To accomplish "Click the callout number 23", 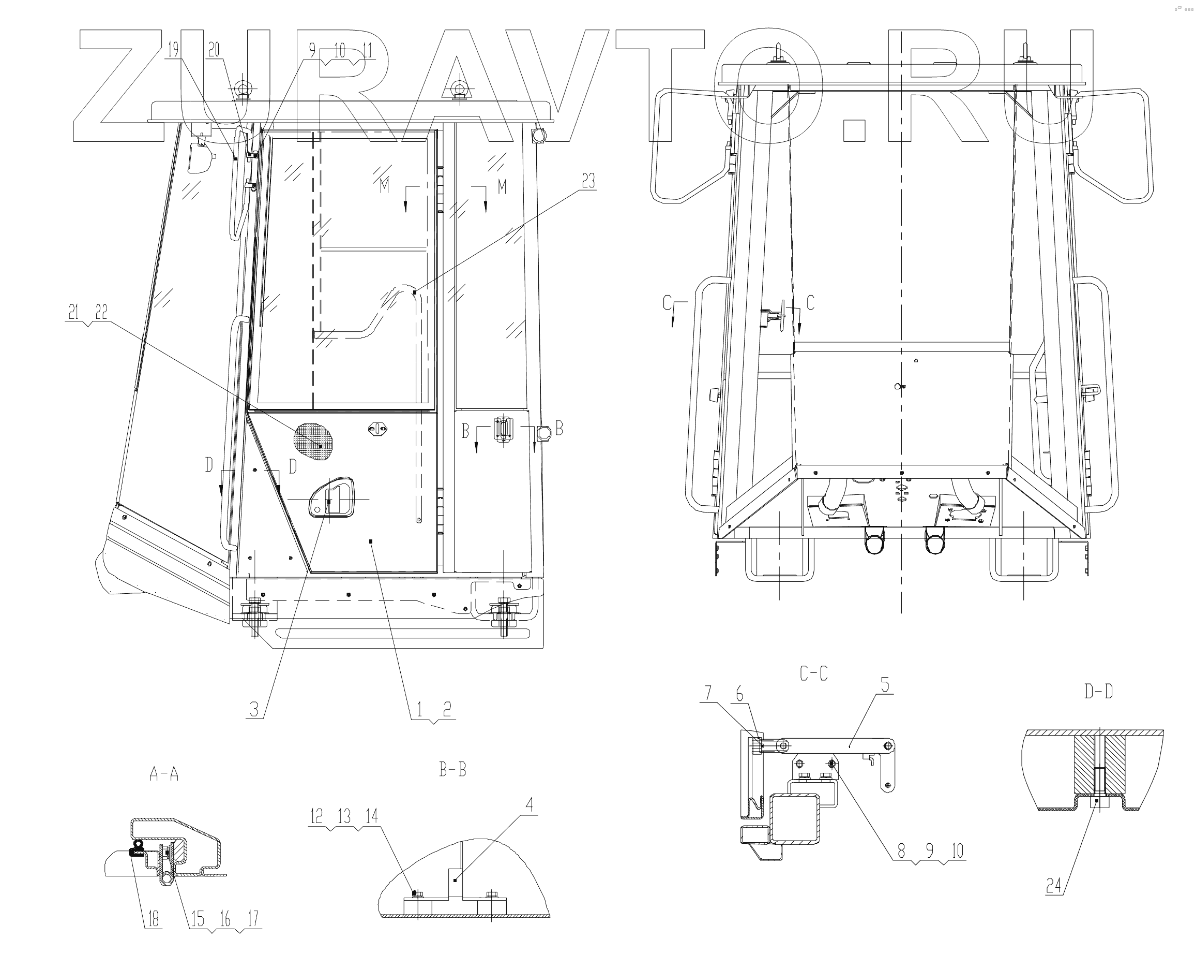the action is click(x=588, y=181).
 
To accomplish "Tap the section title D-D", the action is click(x=1098, y=692).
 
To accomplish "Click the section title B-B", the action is click(x=453, y=769).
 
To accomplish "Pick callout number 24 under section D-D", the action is click(x=1054, y=886).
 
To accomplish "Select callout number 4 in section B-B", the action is click(x=530, y=804).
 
